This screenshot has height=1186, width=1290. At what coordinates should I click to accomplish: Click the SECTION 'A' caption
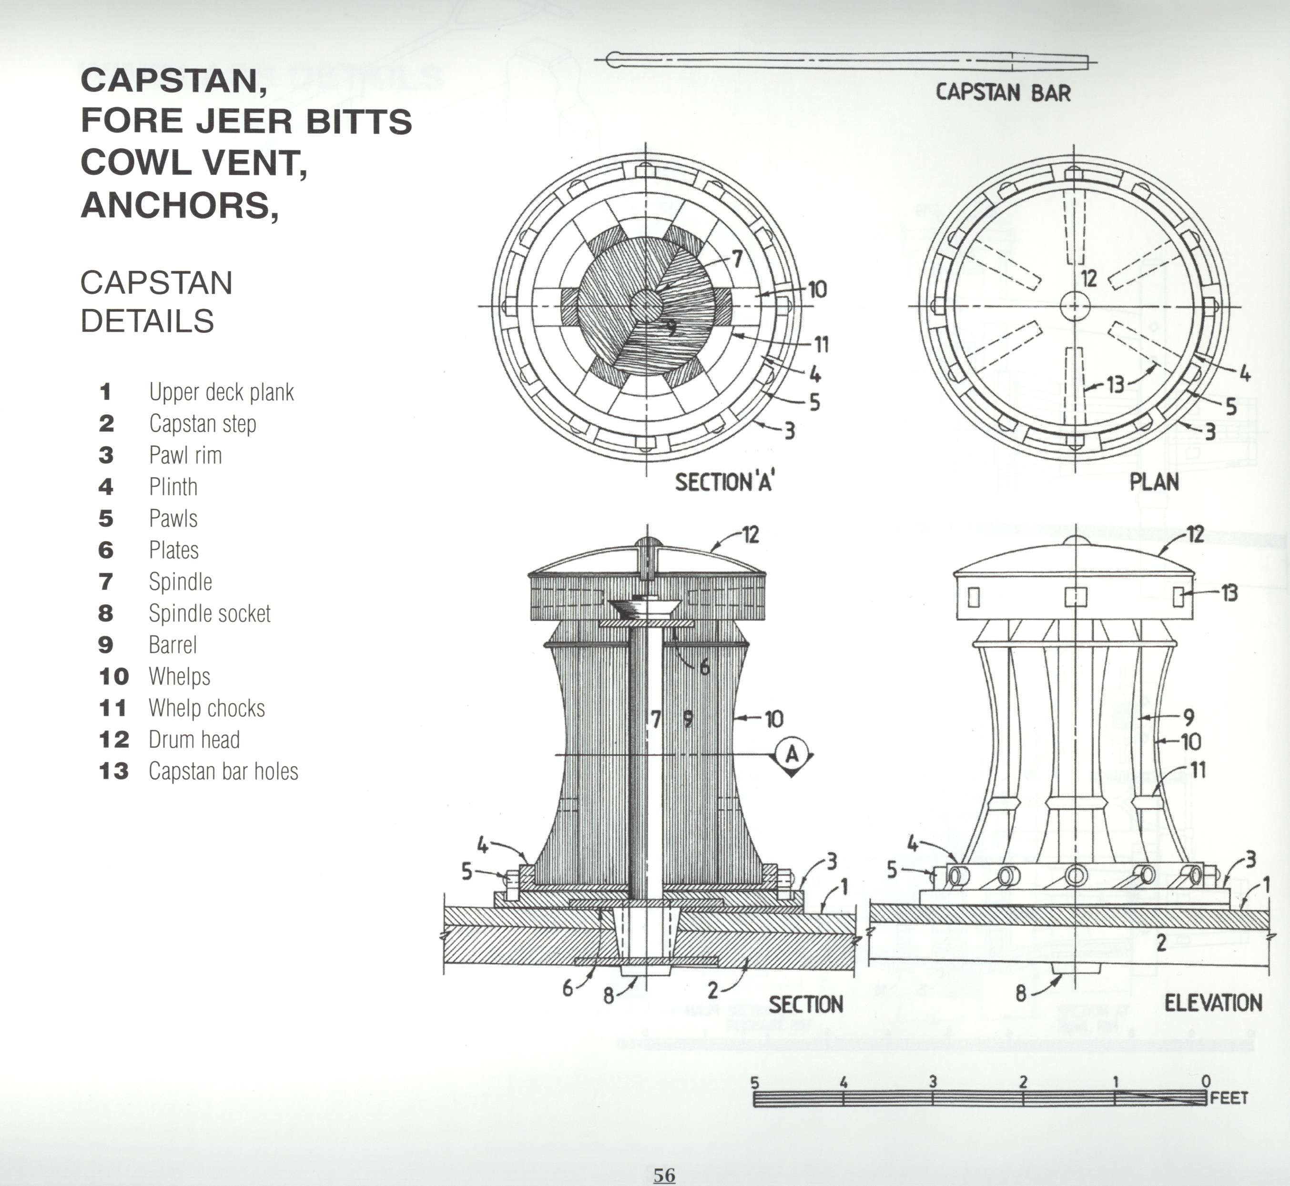tap(724, 482)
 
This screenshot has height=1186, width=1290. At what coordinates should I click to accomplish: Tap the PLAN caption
tap(1154, 482)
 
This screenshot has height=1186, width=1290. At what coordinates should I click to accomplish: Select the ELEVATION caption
tap(1213, 1003)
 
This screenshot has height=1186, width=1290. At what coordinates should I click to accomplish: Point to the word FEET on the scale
tap(1229, 1098)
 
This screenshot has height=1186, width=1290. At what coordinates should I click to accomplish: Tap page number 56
tap(665, 1175)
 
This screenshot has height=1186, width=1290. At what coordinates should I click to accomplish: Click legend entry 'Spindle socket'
tap(209, 613)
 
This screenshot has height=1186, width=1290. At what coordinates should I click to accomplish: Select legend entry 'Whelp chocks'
tap(206, 708)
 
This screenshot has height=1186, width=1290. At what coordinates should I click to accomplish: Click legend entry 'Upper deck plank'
tap(221, 392)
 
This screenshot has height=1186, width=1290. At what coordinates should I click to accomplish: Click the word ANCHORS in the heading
tap(179, 205)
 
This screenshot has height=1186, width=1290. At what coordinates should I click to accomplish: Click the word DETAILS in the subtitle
tap(147, 321)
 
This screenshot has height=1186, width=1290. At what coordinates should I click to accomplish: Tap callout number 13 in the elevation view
tap(1229, 593)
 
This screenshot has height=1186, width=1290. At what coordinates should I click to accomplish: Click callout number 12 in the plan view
tap(1088, 279)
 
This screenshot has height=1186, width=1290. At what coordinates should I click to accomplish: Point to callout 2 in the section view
tap(713, 991)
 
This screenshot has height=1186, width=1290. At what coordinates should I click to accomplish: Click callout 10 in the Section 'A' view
tap(817, 290)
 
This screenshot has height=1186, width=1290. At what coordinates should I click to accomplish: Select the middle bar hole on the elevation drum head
tap(1076, 597)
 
